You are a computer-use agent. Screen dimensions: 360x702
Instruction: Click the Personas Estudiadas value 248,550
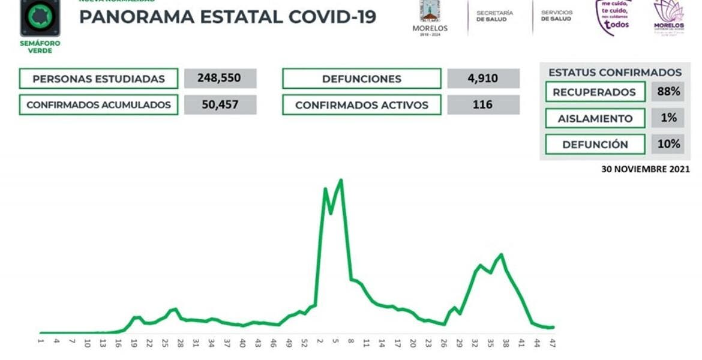point(220,79)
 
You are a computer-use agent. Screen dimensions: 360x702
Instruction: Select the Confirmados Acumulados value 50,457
point(220,105)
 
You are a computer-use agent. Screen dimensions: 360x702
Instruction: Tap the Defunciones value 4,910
point(484,79)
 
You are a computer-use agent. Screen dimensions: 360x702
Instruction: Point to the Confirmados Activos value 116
point(484,105)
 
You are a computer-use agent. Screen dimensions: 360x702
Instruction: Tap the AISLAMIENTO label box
point(595,118)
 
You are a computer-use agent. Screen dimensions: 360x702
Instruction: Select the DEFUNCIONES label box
point(361,79)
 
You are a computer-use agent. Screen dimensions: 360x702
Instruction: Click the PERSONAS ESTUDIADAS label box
point(98,79)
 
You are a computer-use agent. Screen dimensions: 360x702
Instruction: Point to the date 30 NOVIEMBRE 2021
point(645,170)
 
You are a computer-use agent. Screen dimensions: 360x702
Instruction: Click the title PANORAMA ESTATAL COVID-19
point(227,17)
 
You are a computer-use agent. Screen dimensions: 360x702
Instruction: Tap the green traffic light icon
point(40,17)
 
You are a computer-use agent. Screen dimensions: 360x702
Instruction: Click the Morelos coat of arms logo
point(430,13)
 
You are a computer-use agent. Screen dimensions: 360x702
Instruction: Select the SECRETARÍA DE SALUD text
point(494,16)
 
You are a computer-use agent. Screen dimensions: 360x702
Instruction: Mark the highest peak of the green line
point(341,179)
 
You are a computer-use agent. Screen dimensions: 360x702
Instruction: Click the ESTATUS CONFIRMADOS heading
point(615,73)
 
